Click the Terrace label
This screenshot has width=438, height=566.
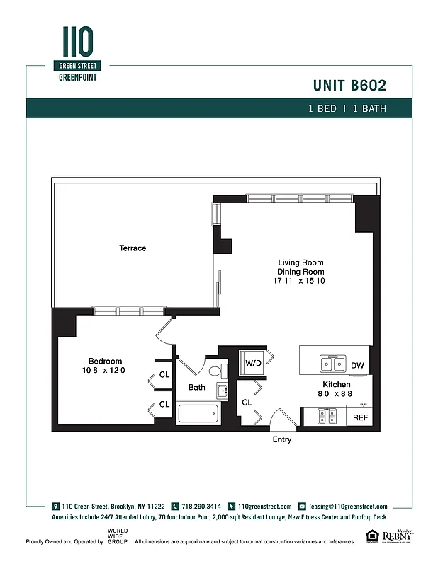click(133, 248)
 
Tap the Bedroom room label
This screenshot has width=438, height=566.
click(105, 361)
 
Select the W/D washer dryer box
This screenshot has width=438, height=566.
click(254, 363)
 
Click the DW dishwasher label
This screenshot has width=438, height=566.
click(357, 366)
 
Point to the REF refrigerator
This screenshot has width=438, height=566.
click(360, 417)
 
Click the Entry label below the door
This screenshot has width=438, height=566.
click(282, 439)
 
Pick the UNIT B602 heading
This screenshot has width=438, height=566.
click(349, 86)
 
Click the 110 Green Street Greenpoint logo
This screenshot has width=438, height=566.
click(77, 53)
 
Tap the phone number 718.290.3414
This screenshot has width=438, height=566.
click(201, 507)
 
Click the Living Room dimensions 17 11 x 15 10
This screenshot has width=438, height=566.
click(301, 281)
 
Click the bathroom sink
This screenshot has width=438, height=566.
click(222, 389)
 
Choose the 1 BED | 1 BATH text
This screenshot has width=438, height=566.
click(347, 109)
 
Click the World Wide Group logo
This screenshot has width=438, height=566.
click(117, 537)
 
